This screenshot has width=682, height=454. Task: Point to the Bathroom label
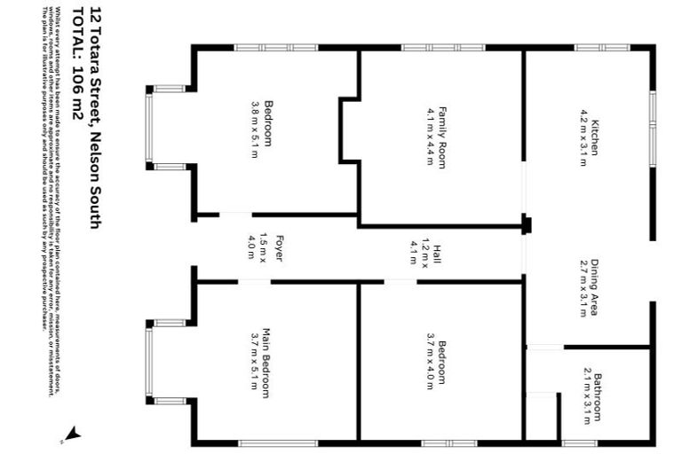coord(599,395)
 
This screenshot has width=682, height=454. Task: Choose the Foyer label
coord(279,247)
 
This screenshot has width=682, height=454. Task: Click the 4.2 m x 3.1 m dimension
coord(584,137)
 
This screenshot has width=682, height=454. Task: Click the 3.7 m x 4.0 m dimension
coord(429,361)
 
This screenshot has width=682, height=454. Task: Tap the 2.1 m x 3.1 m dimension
coord(586,395)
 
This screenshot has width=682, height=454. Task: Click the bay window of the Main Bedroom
coord(150,362)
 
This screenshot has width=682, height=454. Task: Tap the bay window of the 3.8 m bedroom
coord(150,128)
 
